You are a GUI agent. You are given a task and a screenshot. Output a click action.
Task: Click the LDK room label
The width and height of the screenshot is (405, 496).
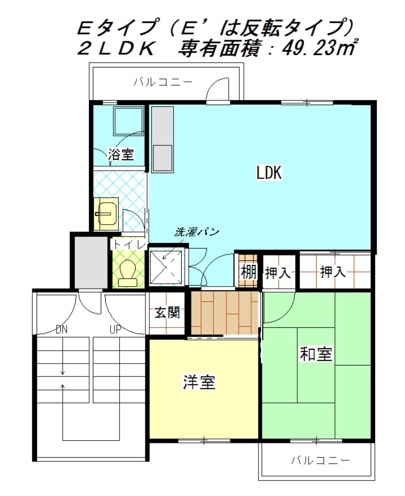pyautogui.click(x=269, y=173)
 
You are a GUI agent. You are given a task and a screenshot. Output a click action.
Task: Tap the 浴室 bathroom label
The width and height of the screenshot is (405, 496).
pyautogui.click(x=121, y=154)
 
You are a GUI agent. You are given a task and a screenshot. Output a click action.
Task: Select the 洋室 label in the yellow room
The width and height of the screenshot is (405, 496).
pyautogui.click(x=199, y=382)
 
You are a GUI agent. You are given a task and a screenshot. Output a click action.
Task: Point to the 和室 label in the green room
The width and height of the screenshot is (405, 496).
pyautogui.click(x=316, y=354)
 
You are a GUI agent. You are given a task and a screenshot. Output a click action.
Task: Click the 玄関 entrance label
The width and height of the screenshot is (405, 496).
pyautogui.click(x=167, y=312)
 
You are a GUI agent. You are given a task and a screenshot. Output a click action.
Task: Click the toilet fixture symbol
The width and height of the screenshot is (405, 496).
pyautogui.click(x=128, y=273)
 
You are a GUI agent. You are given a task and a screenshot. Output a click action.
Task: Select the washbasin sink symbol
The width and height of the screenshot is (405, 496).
pyautogui.click(x=106, y=214)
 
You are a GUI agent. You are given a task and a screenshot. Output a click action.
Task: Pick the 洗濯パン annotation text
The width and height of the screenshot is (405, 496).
pyautogui.click(x=197, y=232)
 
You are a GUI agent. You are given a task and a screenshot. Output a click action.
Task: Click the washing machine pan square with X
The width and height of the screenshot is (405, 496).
pyautogui.click(x=166, y=266)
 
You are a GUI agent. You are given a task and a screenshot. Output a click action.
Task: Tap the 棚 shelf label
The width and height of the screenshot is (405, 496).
pyautogui.click(x=248, y=272)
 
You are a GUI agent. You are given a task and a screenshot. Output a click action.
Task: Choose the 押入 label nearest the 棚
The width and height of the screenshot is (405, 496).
pyautogui.click(x=277, y=273)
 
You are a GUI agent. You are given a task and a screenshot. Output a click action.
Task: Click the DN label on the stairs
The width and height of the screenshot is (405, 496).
pyautogui.click(x=62, y=330)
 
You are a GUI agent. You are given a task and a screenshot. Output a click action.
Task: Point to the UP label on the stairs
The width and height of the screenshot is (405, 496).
pyautogui.click(x=115, y=330)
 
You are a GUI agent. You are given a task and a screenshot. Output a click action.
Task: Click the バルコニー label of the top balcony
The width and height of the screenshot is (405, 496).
pyautogui.click(x=162, y=82)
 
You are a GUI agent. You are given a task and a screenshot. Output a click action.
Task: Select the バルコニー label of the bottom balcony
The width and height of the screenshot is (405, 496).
pyautogui.click(x=321, y=460)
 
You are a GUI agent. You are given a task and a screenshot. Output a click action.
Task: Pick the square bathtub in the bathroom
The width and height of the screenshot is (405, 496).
pyautogui.click(x=129, y=121)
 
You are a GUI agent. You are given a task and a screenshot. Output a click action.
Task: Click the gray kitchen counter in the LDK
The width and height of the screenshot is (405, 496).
pyautogui.click(x=162, y=139)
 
